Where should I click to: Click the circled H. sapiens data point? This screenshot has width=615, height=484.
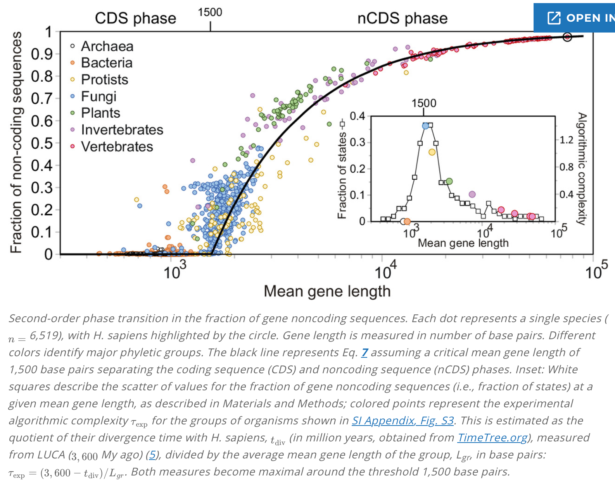567,37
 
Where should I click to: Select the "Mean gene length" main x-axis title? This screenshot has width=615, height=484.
327,291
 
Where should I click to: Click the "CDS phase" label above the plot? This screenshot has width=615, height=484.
135,18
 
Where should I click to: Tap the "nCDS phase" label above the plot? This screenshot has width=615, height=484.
402,18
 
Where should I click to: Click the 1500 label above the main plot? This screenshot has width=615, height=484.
210,12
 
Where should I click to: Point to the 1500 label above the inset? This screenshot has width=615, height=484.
423,103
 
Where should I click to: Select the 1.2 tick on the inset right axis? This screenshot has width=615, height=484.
567,140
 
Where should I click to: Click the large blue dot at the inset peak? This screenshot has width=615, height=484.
426,125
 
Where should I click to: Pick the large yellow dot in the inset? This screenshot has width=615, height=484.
432,152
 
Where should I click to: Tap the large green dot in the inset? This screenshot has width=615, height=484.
449,181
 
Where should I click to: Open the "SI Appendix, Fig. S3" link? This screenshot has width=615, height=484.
403,420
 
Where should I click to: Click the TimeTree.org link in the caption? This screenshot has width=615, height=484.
492,438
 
